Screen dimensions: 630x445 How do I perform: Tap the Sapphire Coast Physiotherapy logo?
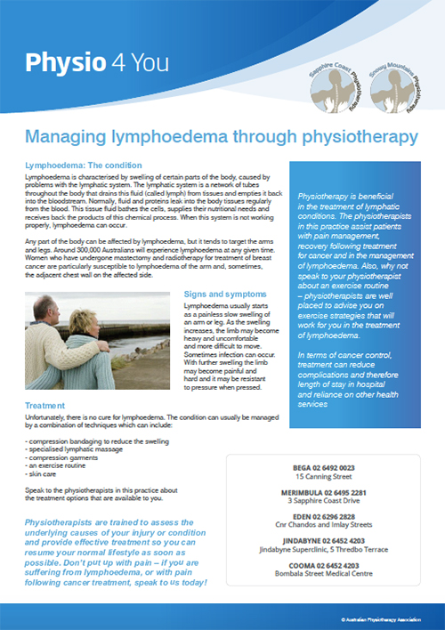pyautogui.click(x=336, y=85)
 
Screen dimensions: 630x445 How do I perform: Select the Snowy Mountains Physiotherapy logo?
pyautogui.click(x=392, y=86)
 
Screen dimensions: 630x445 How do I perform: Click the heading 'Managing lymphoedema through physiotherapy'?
pyautogui.click(x=221, y=137)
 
